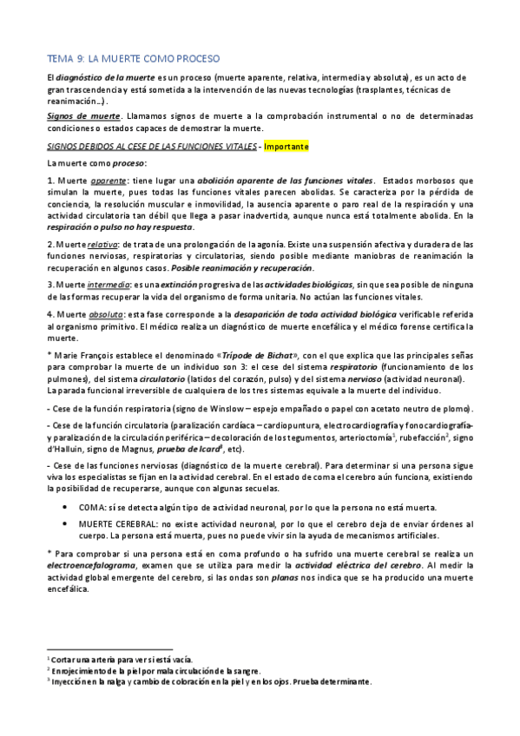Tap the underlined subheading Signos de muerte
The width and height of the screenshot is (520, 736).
tap(71, 115)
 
